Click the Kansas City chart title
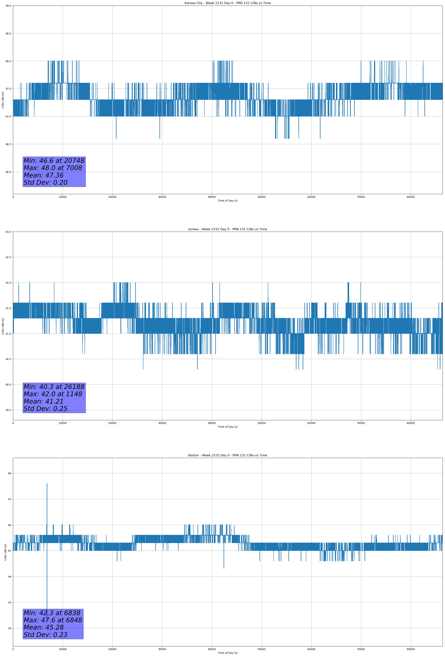[x=227, y=3]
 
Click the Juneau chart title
[x=227, y=229]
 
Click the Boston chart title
[x=227, y=455]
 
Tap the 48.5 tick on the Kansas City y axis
[x=8, y=33]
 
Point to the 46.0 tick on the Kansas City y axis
[x=8, y=172]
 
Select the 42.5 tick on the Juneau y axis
[x=8, y=257]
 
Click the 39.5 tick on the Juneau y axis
[x=8, y=410]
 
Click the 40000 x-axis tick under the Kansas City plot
[x=212, y=197]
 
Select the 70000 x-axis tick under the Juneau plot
[x=361, y=423]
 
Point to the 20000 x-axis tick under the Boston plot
[x=112, y=649]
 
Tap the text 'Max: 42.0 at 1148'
[x=53, y=394]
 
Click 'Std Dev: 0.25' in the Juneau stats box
[x=45, y=409]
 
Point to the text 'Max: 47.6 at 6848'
[x=53, y=620]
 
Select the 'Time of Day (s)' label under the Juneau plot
[x=227, y=427]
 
